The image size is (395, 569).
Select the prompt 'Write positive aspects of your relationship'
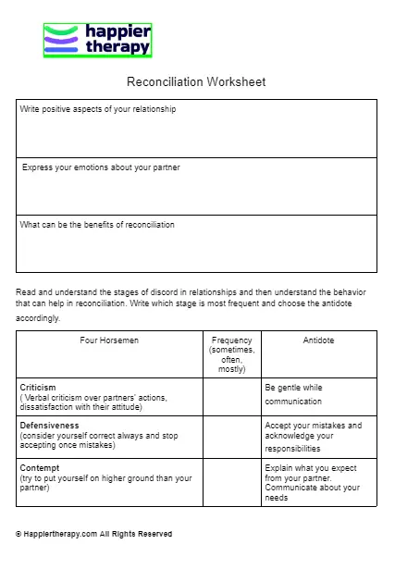(x=98, y=109)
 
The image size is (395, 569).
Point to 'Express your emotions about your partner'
(x=101, y=167)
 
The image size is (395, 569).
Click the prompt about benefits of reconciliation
(x=97, y=225)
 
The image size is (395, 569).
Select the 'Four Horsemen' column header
(x=109, y=340)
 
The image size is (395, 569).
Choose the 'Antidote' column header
(x=318, y=340)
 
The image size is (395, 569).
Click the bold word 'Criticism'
(x=38, y=387)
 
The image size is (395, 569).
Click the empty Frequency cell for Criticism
(x=231, y=397)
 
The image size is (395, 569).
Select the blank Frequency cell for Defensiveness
(x=231, y=437)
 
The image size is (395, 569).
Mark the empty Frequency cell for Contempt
(x=231, y=482)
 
